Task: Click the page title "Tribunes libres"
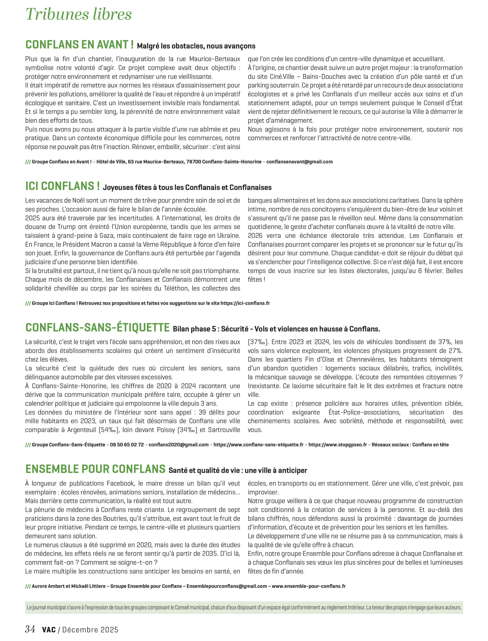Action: [78, 14]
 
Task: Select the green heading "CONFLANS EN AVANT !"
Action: [79, 45]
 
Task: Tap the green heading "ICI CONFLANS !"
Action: [63, 186]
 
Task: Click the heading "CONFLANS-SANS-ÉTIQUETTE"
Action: [97, 328]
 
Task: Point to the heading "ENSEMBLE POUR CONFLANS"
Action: [95, 469]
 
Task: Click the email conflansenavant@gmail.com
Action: [300, 162]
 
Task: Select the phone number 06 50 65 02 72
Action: [127, 445]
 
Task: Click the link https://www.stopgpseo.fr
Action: [338, 445]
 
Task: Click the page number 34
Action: [30, 629]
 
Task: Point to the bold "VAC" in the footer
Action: [49, 630]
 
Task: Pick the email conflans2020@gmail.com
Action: [179, 445]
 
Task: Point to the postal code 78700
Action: [194, 162]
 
